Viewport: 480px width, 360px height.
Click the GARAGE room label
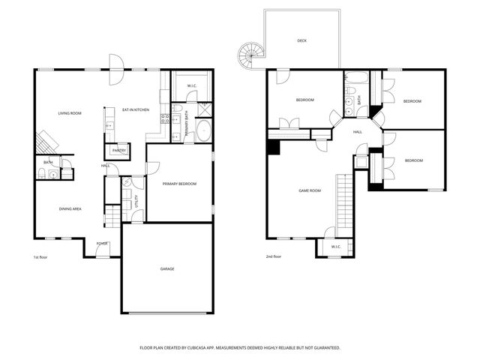[167, 268]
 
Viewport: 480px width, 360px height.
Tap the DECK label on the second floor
[301, 40]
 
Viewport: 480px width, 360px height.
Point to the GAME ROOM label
[310, 190]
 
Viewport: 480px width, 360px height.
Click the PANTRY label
[120, 151]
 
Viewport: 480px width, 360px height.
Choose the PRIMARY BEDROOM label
[179, 183]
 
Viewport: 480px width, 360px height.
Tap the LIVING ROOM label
[70, 113]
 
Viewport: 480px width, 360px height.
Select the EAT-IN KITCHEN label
[136, 110]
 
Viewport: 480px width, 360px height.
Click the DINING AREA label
[70, 208]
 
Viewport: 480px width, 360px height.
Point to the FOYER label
[101, 244]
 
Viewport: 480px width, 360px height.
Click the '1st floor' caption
[40, 257]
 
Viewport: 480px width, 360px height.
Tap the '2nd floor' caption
[274, 257]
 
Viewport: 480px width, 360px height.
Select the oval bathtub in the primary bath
[202, 131]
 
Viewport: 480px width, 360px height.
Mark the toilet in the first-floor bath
[43, 174]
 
